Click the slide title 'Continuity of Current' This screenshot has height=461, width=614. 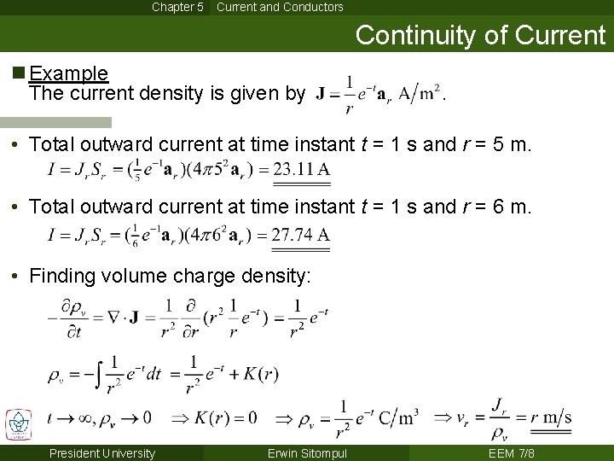click(x=480, y=35)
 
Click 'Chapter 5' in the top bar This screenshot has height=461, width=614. click(x=177, y=7)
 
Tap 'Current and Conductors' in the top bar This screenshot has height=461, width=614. click(x=280, y=7)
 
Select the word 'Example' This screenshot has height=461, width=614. click(x=68, y=73)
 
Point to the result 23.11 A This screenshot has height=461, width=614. click(x=301, y=169)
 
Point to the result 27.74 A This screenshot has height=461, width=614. click(x=301, y=235)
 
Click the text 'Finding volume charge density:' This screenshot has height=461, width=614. click(x=171, y=276)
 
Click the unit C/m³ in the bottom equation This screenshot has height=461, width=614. click(x=399, y=417)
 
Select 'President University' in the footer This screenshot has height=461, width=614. click(x=102, y=453)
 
